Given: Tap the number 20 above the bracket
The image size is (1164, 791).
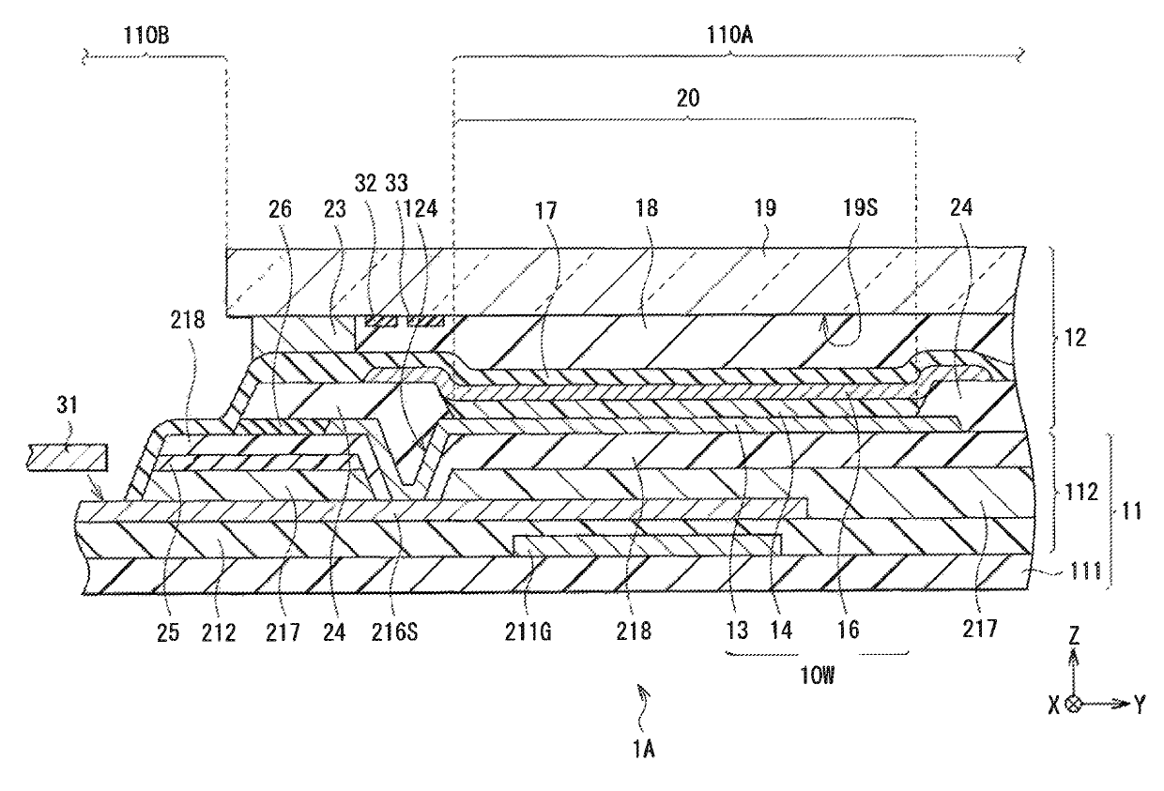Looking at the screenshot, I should [x=687, y=97].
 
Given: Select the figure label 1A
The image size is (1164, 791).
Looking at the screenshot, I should [x=646, y=748].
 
